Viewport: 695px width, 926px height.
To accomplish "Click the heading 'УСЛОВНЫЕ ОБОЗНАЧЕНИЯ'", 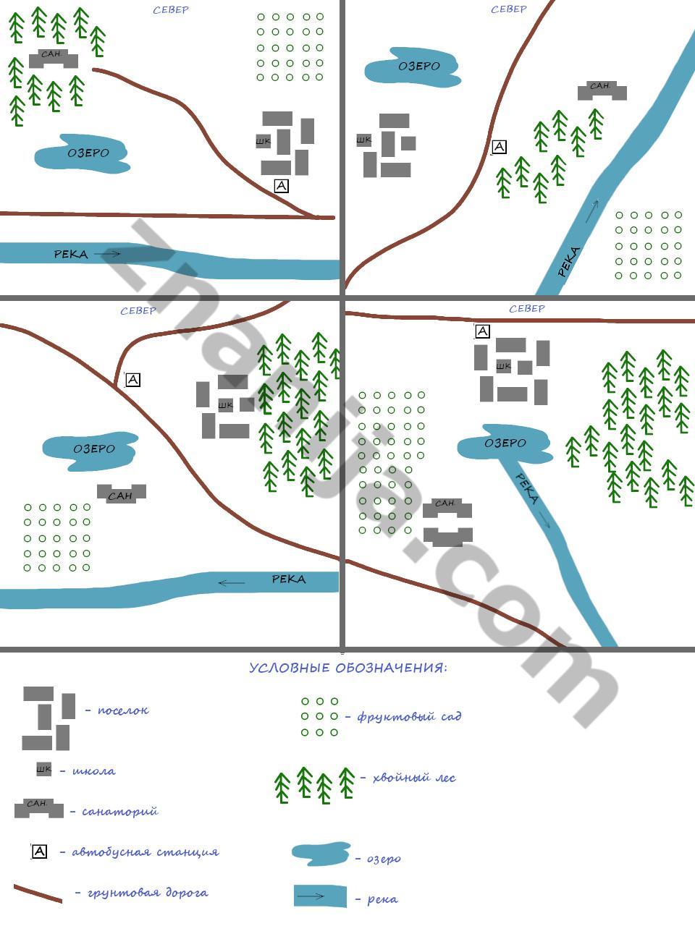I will (347, 668).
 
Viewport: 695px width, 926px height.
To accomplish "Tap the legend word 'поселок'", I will (123, 710).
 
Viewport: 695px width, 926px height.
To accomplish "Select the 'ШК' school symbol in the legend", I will (44, 770).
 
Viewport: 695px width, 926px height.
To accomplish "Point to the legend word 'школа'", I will (93, 771).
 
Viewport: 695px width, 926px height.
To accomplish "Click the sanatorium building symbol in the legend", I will (38, 808).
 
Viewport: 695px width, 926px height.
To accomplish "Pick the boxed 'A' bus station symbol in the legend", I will (40, 851).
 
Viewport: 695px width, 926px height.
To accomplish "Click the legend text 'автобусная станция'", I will (145, 852).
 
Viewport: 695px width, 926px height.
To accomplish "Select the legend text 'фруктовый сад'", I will (409, 717).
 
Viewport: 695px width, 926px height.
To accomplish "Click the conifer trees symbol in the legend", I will (314, 784).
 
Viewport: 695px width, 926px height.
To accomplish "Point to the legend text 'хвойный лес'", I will (413, 778).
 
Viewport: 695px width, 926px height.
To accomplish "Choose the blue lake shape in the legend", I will (321, 854).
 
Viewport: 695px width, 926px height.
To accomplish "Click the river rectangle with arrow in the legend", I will (320, 896).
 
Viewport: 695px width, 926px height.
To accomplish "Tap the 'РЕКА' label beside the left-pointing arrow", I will (288, 579).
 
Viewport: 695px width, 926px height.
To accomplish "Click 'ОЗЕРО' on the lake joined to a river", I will (505, 443).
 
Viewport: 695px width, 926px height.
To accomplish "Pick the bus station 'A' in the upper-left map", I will (282, 186).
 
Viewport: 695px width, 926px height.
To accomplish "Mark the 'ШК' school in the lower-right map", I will (503, 367).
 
